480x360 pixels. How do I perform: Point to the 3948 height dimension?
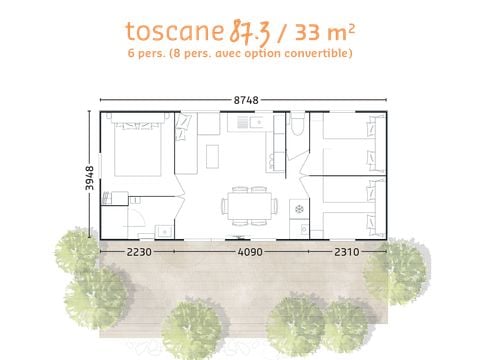click(91, 176)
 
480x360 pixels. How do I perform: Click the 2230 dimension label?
click(139, 253)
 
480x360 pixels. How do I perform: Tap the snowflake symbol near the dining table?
click(297, 207)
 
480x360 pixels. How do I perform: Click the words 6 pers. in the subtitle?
click(149, 53)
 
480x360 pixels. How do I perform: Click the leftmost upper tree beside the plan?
click(74, 250)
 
